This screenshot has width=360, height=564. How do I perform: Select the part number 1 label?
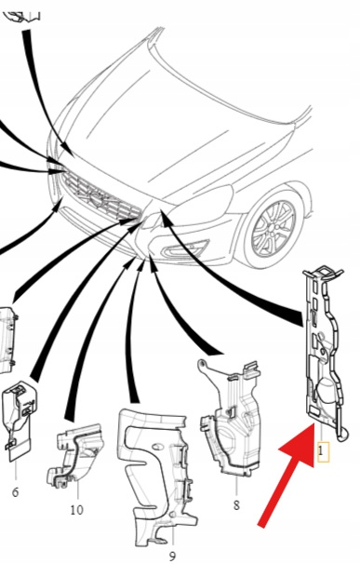322,450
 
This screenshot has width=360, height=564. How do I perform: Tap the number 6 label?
15,492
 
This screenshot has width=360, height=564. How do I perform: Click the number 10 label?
76,510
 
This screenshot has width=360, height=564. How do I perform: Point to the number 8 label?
236,505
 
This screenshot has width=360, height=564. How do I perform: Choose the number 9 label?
172,556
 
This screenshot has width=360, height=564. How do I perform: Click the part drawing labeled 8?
229,417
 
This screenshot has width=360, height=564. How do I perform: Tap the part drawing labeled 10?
74,454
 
